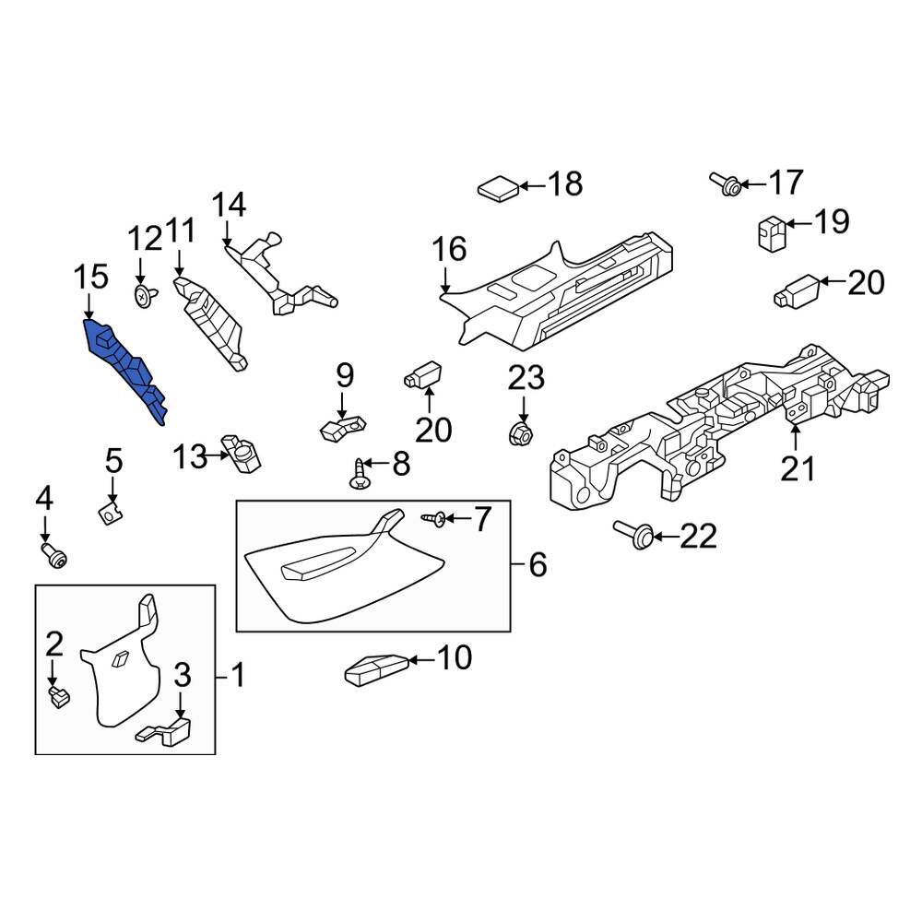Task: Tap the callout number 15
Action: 91,277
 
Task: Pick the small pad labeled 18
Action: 499,189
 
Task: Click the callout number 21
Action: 798,468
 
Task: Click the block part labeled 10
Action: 376,668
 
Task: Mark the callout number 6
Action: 537,564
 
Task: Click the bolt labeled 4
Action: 53,554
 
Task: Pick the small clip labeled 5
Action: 112,509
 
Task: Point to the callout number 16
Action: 450,249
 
